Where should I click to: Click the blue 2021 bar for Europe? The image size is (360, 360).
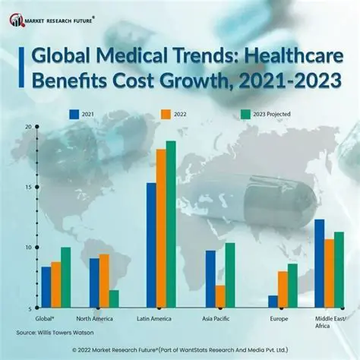coord(273,302)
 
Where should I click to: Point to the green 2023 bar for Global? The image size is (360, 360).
coord(65,278)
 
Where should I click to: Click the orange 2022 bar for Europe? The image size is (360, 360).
coord(283,290)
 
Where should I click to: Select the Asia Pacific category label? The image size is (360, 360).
coord(219,319)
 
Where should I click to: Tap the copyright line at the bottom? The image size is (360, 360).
coord(180,350)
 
